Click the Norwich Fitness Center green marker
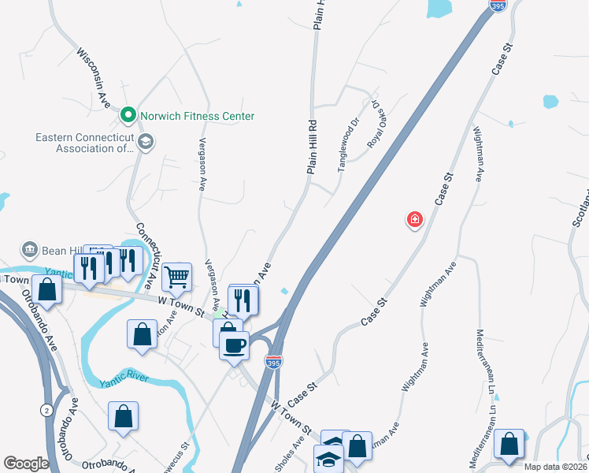(128, 116)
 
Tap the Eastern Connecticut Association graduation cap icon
(145, 142)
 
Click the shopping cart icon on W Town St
(177, 277)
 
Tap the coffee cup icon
(234, 345)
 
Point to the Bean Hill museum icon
(31, 250)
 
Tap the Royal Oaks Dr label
(377, 122)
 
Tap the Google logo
(26, 464)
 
